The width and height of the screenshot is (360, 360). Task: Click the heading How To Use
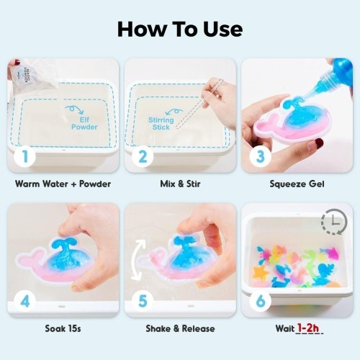(180, 30)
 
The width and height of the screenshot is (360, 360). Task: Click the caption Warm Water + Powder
(63, 184)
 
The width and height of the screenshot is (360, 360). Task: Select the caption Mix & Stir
(180, 184)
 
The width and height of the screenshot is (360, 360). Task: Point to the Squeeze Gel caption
(297, 184)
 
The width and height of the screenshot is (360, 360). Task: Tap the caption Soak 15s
(63, 328)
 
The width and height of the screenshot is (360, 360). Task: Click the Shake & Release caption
(180, 328)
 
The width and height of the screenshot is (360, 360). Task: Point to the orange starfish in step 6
(261, 272)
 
